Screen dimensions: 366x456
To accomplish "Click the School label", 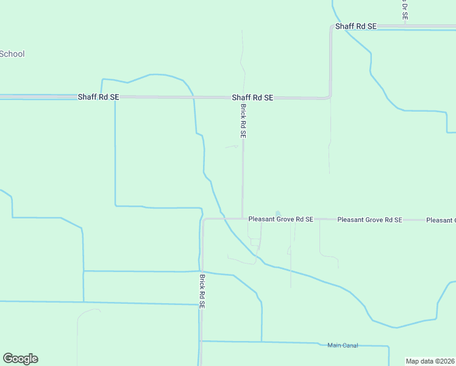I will [12, 54].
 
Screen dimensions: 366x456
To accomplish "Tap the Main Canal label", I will [342, 345].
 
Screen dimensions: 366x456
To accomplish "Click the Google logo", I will [20, 359].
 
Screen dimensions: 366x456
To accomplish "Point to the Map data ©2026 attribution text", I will [430, 361].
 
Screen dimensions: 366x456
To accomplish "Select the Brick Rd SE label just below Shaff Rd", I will [243, 121].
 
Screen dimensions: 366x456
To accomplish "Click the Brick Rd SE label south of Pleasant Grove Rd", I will [202, 292].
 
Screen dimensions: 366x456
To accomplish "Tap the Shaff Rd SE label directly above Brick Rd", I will [252, 98].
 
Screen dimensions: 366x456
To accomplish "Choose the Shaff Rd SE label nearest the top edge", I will [356, 27].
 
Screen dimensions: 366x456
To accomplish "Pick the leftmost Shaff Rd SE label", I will [98, 97].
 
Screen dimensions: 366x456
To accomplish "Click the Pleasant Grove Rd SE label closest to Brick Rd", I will [280, 219].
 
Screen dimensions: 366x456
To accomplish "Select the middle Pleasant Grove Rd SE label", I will [369, 220].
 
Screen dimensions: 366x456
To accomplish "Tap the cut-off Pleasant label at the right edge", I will [441, 220].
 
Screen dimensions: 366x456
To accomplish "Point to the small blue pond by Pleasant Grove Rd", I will [278, 213].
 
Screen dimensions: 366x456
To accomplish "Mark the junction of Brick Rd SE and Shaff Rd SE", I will [243, 98].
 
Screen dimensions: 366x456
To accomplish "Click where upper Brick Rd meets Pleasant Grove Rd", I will [243, 218].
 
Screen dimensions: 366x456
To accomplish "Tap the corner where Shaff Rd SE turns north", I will [330, 96].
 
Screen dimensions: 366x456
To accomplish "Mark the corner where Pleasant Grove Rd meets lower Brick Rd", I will [204, 220].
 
